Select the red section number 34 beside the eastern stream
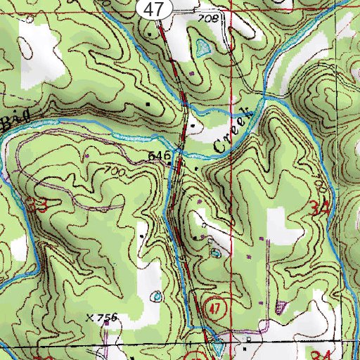319,208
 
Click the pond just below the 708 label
204,48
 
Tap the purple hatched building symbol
282,307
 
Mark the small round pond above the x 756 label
155,296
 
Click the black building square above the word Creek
195,127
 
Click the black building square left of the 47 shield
149,32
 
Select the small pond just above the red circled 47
214,251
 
